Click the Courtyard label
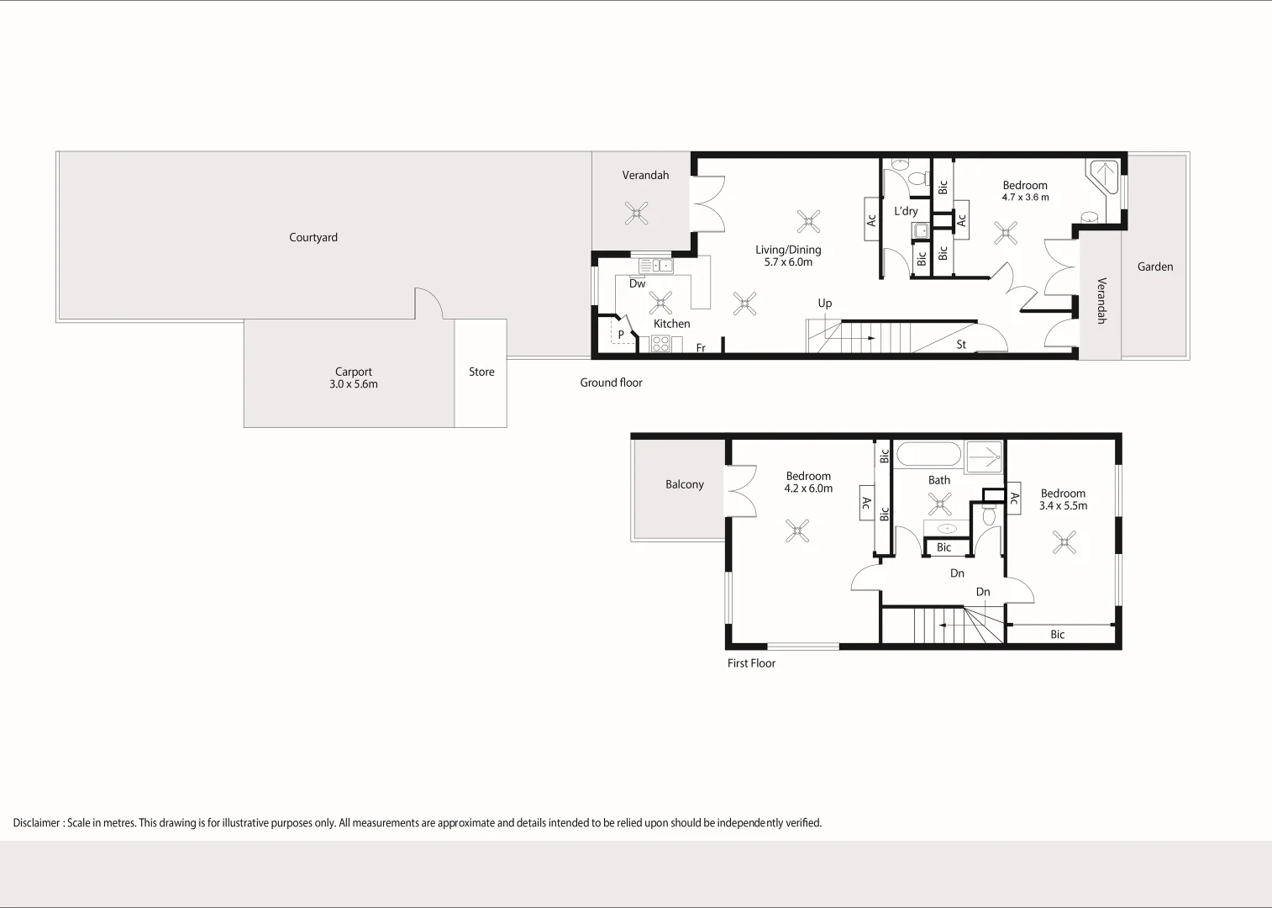pyautogui.click(x=313, y=238)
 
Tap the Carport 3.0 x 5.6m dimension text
pyautogui.click(x=353, y=384)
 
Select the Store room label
pyautogui.click(x=481, y=372)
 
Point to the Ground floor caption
pyautogui.click(x=611, y=383)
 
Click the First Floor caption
pyautogui.click(x=751, y=663)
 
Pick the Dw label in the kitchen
pyautogui.click(x=637, y=283)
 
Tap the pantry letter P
pyautogui.click(x=621, y=335)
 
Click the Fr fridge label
pyautogui.click(x=701, y=348)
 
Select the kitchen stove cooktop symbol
pyautogui.click(x=660, y=344)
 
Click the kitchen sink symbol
pyautogui.click(x=656, y=266)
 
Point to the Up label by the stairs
pyautogui.click(x=824, y=304)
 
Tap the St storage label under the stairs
pyautogui.click(x=961, y=345)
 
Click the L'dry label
pyautogui.click(x=906, y=211)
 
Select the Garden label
pyautogui.click(x=1155, y=267)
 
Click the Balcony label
pyautogui.click(x=684, y=484)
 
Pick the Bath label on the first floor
pyautogui.click(x=939, y=480)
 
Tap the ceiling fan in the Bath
pyautogui.click(x=940, y=504)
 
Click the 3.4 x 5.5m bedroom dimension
pyautogui.click(x=1063, y=506)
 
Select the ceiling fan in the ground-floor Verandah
pyautogui.click(x=637, y=214)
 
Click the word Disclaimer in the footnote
pyautogui.click(x=36, y=823)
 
